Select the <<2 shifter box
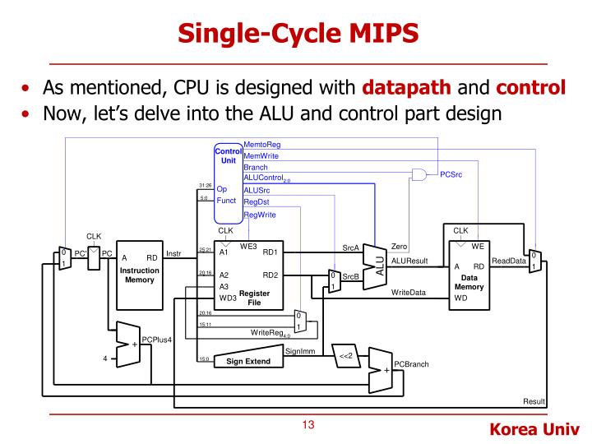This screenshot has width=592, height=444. coord(345,355)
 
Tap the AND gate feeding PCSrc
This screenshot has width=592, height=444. coord(420,174)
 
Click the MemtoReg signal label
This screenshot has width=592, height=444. coord(262,145)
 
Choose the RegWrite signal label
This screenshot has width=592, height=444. coord(260,215)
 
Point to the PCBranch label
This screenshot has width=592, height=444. coord(411,364)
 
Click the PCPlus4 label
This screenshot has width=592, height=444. coord(157,340)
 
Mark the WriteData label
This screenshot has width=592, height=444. coord(409,293)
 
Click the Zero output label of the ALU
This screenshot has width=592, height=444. coord(400,246)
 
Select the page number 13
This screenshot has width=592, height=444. coord(308,425)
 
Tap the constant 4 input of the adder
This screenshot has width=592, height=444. coord(104,357)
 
